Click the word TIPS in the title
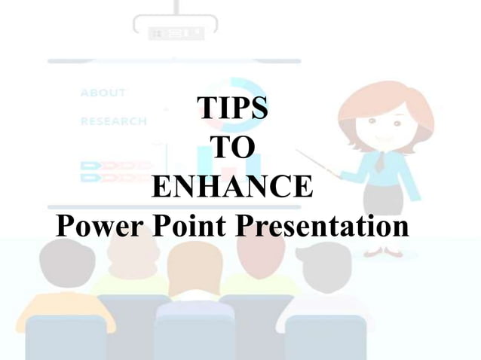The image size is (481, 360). point(231,108)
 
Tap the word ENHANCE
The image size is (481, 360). point(231,186)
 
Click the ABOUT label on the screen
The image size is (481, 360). point(103,93)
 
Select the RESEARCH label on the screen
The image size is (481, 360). point(113,121)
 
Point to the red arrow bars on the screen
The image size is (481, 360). point(113,169)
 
